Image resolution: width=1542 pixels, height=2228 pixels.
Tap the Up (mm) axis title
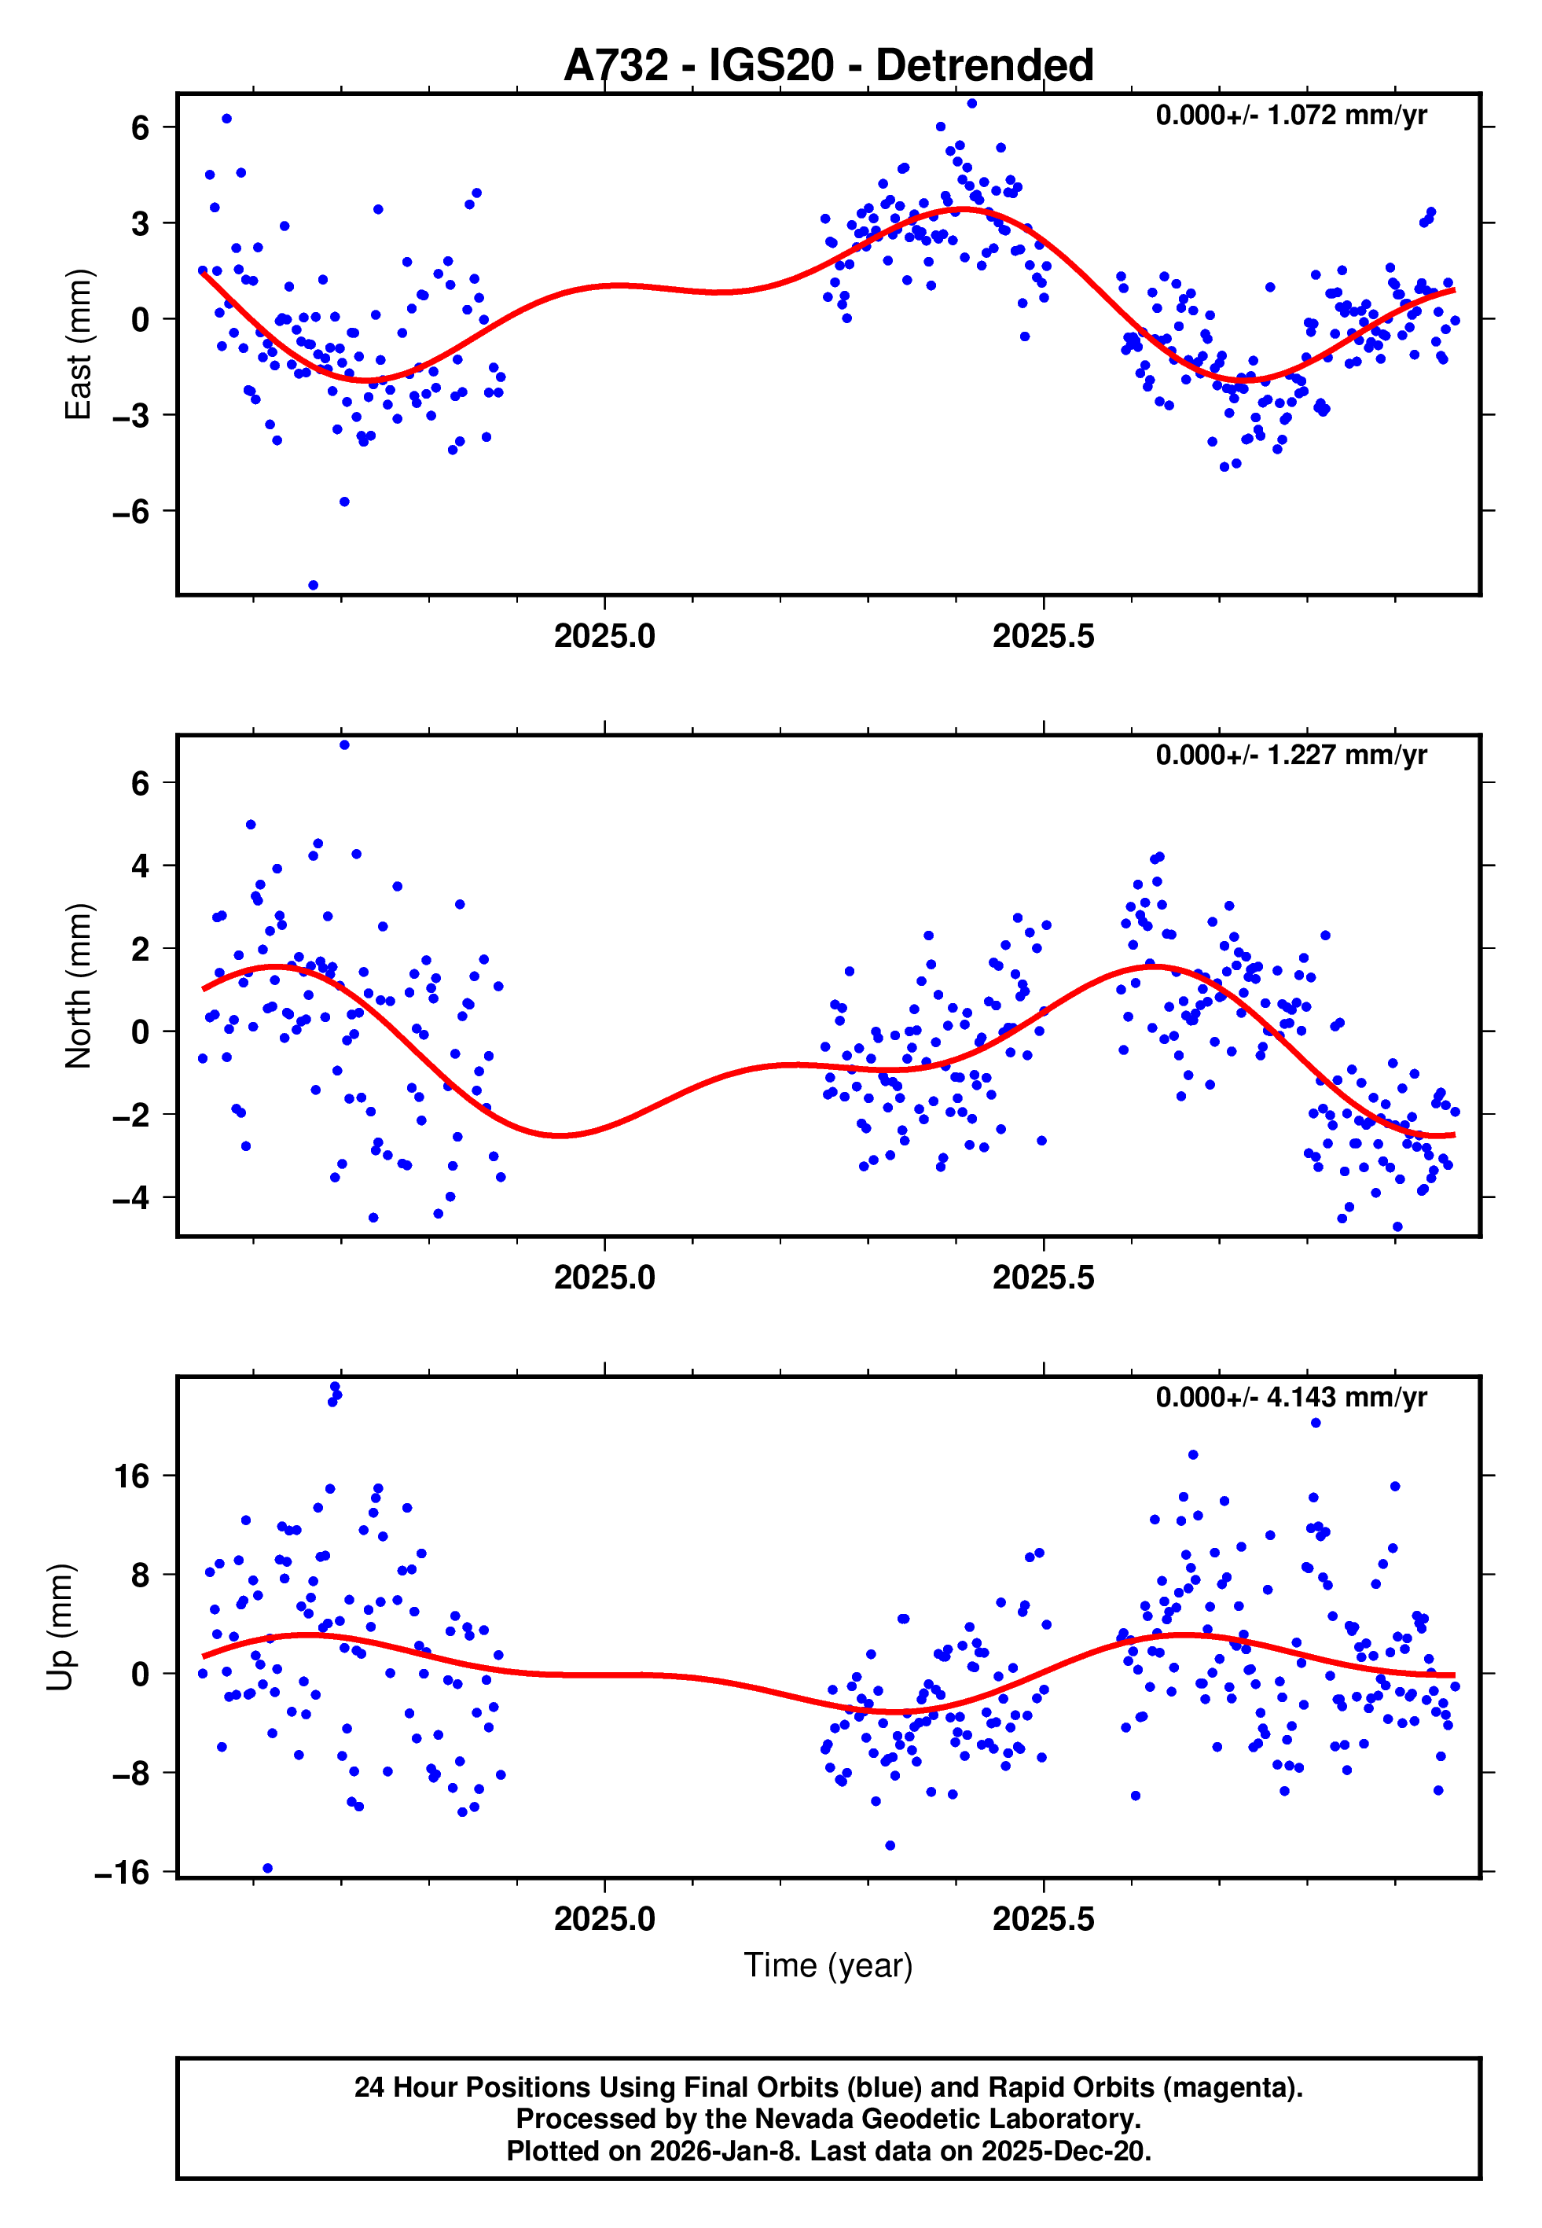(x=60, y=1627)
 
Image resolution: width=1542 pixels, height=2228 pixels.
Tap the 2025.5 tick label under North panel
(x=1044, y=1278)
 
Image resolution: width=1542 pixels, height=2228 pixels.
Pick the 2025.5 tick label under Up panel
(x=1044, y=1919)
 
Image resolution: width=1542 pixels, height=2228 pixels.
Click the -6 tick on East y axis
(x=130, y=512)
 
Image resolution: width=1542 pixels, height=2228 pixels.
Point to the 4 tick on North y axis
(x=141, y=866)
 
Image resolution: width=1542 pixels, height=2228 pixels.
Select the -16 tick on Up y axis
(x=122, y=1873)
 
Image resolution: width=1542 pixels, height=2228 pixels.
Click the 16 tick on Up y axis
(x=132, y=1476)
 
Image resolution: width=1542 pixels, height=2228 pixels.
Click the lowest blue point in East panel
(x=313, y=586)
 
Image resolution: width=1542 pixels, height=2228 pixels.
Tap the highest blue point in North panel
(x=345, y=745)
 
